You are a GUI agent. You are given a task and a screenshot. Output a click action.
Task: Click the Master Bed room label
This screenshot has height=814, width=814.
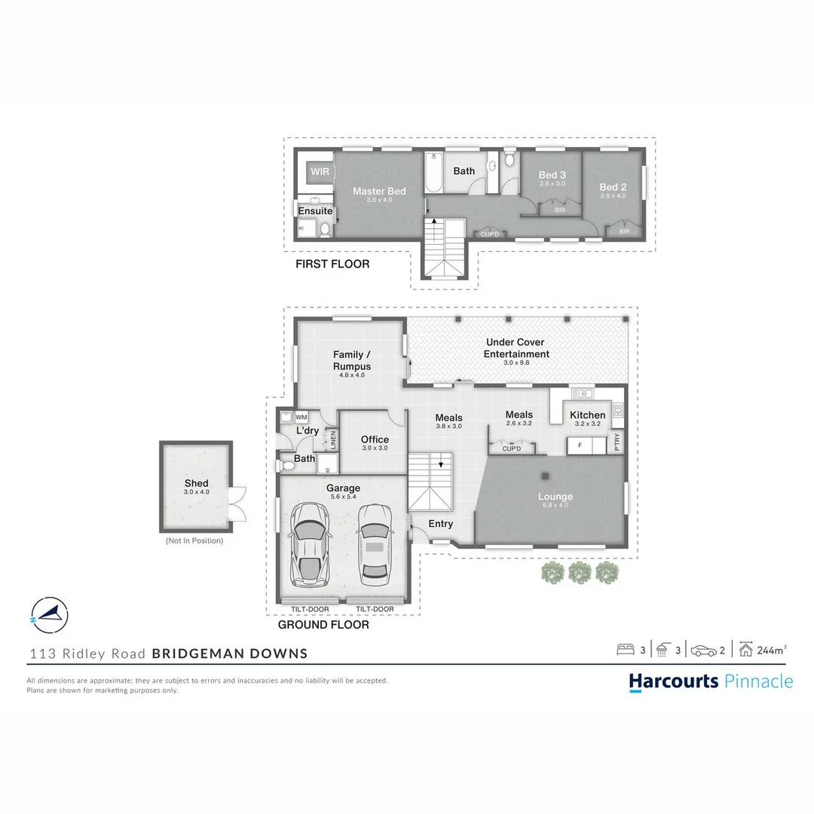pyautogui.click(x=379, y=191)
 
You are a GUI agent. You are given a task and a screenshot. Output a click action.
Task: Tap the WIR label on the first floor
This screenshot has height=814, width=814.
pyautogui.click(x=320, y=172)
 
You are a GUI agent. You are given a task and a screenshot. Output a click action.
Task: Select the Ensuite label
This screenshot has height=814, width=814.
pyautogui.click(x=315, y=211)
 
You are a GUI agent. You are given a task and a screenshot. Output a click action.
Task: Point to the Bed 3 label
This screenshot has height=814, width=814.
pyautogui.click(x=552, y=175)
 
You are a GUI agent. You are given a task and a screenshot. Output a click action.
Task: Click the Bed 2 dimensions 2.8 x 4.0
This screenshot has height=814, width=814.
pyautogui.click(x=613, y=196)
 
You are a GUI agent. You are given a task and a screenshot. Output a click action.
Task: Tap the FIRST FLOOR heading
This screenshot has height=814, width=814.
pyautogui.click(x=332, y=265)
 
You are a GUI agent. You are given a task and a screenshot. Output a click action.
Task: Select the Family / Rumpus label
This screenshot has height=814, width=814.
pyautogui.click(x=352, y=360)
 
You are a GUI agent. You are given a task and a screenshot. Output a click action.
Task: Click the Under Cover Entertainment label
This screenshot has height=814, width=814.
pyautogui.click(x=516, y=348)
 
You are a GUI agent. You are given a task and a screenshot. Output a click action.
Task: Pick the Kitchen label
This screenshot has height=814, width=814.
pyautogui.click(x=587, y=415)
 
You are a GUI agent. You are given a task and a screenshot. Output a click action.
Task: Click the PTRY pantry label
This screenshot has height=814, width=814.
pyautogui.click(x=618, y=440)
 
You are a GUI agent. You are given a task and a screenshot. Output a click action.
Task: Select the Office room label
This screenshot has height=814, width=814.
pyautogui.click(x=375, y=439)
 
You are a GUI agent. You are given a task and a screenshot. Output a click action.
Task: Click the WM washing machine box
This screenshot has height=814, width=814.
pyautogui.click(x=301, y=417)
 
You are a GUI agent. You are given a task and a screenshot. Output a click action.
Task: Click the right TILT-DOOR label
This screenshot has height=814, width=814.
pyautogui.click(x=375, y=609)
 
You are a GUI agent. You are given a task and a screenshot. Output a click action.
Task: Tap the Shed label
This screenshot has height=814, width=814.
pyautogui.click(x=196, y=483)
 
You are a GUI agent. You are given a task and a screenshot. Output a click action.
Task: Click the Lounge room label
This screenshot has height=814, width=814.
pyautogui.click(x=555, y=497)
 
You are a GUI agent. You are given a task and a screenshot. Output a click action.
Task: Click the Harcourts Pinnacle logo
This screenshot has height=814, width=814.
pyautogui.click(x=711, y=681)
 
